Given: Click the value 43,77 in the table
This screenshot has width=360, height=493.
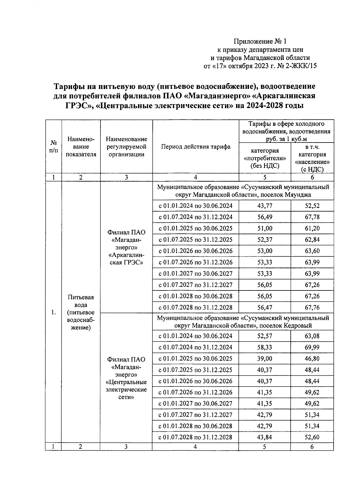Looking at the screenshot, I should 265,206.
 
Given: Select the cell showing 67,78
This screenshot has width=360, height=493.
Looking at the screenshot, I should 312,217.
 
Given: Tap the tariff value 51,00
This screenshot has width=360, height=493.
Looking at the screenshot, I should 265,228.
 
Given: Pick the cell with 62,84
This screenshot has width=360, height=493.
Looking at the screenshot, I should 312,240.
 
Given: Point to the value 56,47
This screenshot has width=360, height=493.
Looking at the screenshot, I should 265,308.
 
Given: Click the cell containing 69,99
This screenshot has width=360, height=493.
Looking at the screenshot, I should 312,347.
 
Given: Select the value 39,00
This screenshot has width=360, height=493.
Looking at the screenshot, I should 265,359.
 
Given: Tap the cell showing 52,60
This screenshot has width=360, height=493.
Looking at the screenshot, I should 312,437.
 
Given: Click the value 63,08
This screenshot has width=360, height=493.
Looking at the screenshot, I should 312,336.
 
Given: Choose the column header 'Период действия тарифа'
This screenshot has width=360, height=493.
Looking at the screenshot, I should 196,147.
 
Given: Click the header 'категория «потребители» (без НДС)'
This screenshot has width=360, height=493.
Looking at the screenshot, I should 265,158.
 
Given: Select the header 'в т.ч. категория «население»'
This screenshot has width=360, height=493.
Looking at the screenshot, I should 312,158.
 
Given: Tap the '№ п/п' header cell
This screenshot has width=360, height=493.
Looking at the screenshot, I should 53,147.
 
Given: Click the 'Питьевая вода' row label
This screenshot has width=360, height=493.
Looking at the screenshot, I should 80,312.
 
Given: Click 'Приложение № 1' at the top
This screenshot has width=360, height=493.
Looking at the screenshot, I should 260,41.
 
